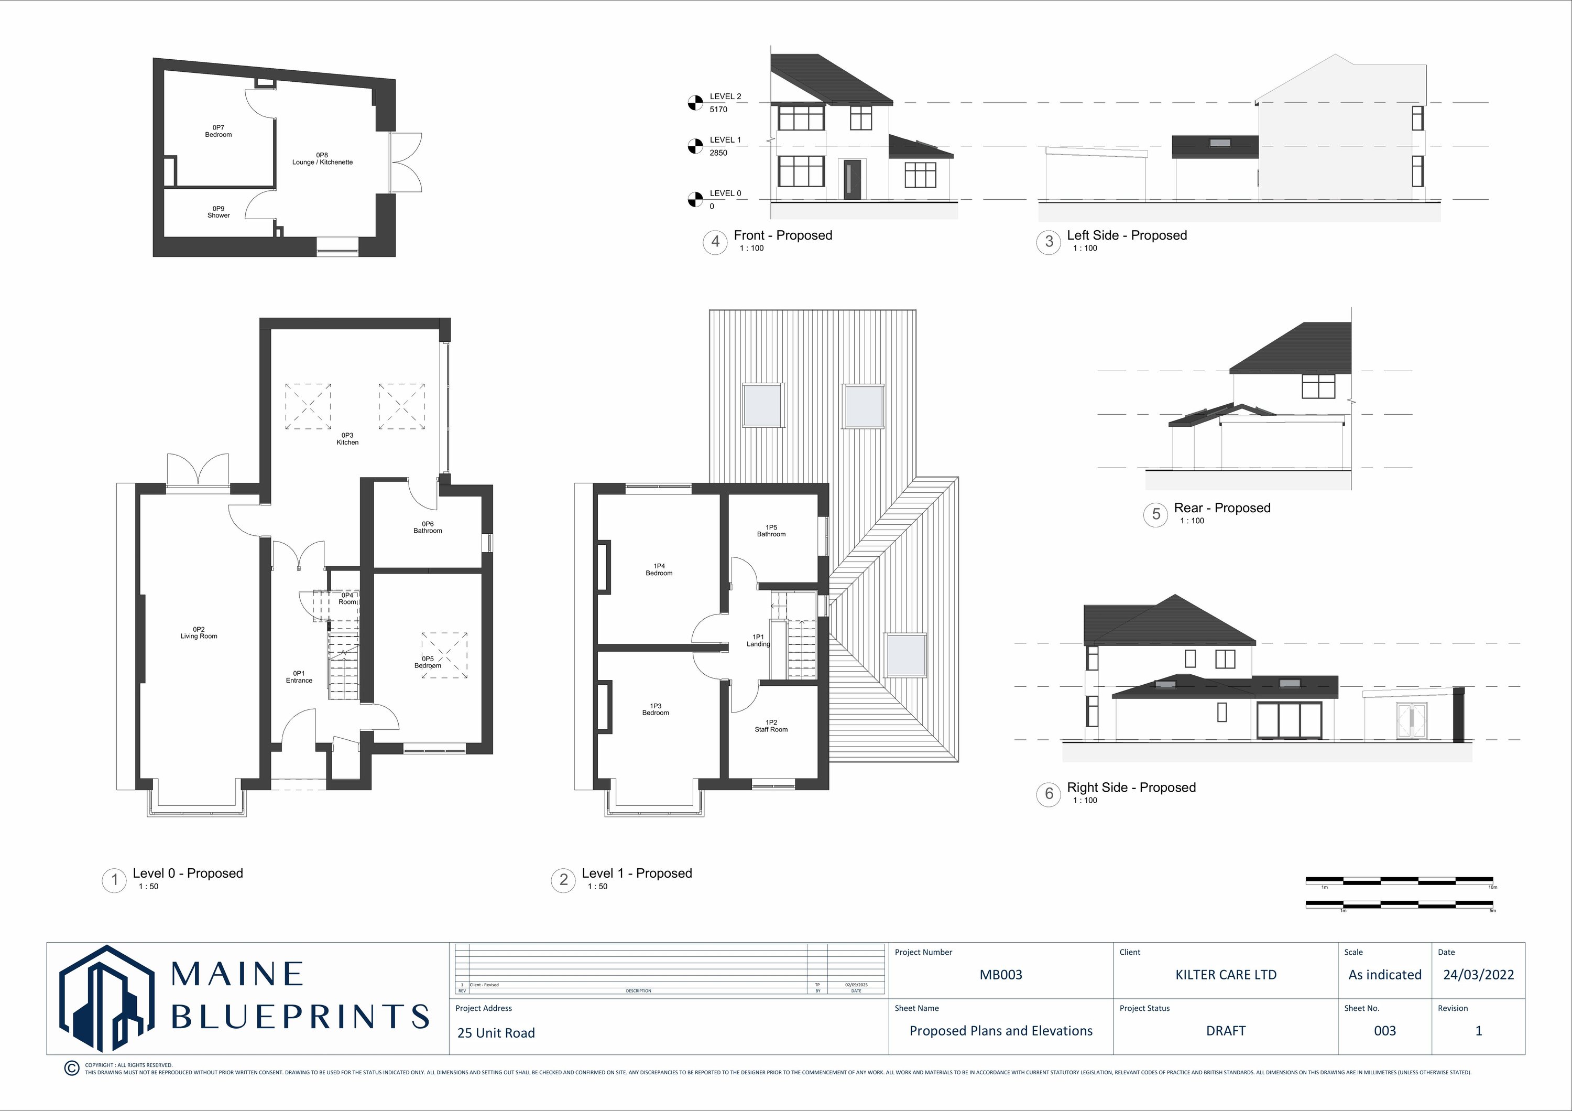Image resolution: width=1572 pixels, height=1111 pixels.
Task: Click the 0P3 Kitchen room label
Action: (x=347, y=439)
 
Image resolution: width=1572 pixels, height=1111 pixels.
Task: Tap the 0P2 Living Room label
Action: (x=199, y=633)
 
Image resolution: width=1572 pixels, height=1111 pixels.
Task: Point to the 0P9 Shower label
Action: (x=219, y=212)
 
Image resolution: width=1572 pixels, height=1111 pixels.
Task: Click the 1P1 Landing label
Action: (x=758, y=640)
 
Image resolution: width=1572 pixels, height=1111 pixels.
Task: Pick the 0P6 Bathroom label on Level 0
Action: (x=427, y=527)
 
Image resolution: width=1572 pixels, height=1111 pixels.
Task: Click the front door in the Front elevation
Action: (x=851, y=179)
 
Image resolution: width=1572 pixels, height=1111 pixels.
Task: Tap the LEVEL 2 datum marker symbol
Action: (x=695, y=103)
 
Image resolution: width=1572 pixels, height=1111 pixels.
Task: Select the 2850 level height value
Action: (x=718, y=153)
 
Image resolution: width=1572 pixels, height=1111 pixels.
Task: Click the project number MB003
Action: (x=1000, y=975)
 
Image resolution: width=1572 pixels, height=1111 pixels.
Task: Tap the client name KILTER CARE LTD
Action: (x=1226, y=975)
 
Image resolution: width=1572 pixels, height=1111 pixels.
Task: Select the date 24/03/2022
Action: (x=1478, y=975)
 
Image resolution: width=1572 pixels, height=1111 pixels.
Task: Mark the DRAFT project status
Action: (x=1226, y=1031)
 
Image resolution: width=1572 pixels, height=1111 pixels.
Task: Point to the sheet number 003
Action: (x=1384, y=1031)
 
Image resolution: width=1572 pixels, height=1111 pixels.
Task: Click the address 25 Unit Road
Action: (x=496, y=1033)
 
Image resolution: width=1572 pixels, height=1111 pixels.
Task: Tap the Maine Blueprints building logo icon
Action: (x=106, y=999)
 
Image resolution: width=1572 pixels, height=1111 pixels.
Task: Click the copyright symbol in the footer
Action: (x=71, y=1068)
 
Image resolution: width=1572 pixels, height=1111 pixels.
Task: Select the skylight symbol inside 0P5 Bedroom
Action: (x=444, y=655)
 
